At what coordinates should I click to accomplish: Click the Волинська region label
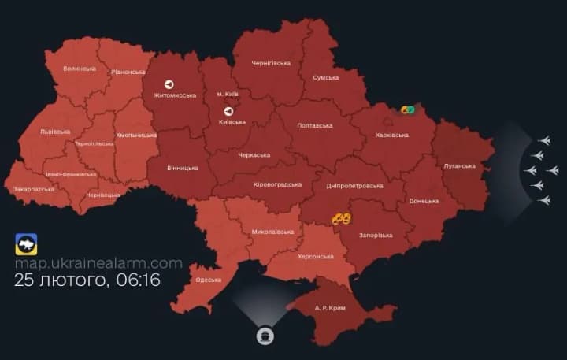click(80, 69)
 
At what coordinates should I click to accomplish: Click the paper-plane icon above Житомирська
click(169, 84)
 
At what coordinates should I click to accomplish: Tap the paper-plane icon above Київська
click(229, 111)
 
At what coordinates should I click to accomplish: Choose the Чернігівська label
click(272, 61)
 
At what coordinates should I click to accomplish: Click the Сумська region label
click(326, 77)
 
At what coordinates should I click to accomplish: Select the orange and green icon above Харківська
click(408, 110)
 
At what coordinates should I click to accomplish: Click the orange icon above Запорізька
click(341, 218)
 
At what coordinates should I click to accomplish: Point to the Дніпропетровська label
click(354, 186)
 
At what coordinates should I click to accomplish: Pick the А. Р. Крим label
click(328, 306)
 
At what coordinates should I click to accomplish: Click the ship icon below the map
click(265, 336)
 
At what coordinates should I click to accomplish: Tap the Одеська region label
click(209, 280)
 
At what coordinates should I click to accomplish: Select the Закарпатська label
click(35, 189)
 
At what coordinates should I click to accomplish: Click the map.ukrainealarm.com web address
click(98, 263)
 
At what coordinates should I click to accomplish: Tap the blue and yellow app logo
click(26, 243)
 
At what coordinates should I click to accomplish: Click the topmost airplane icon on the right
click(541, 140)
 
